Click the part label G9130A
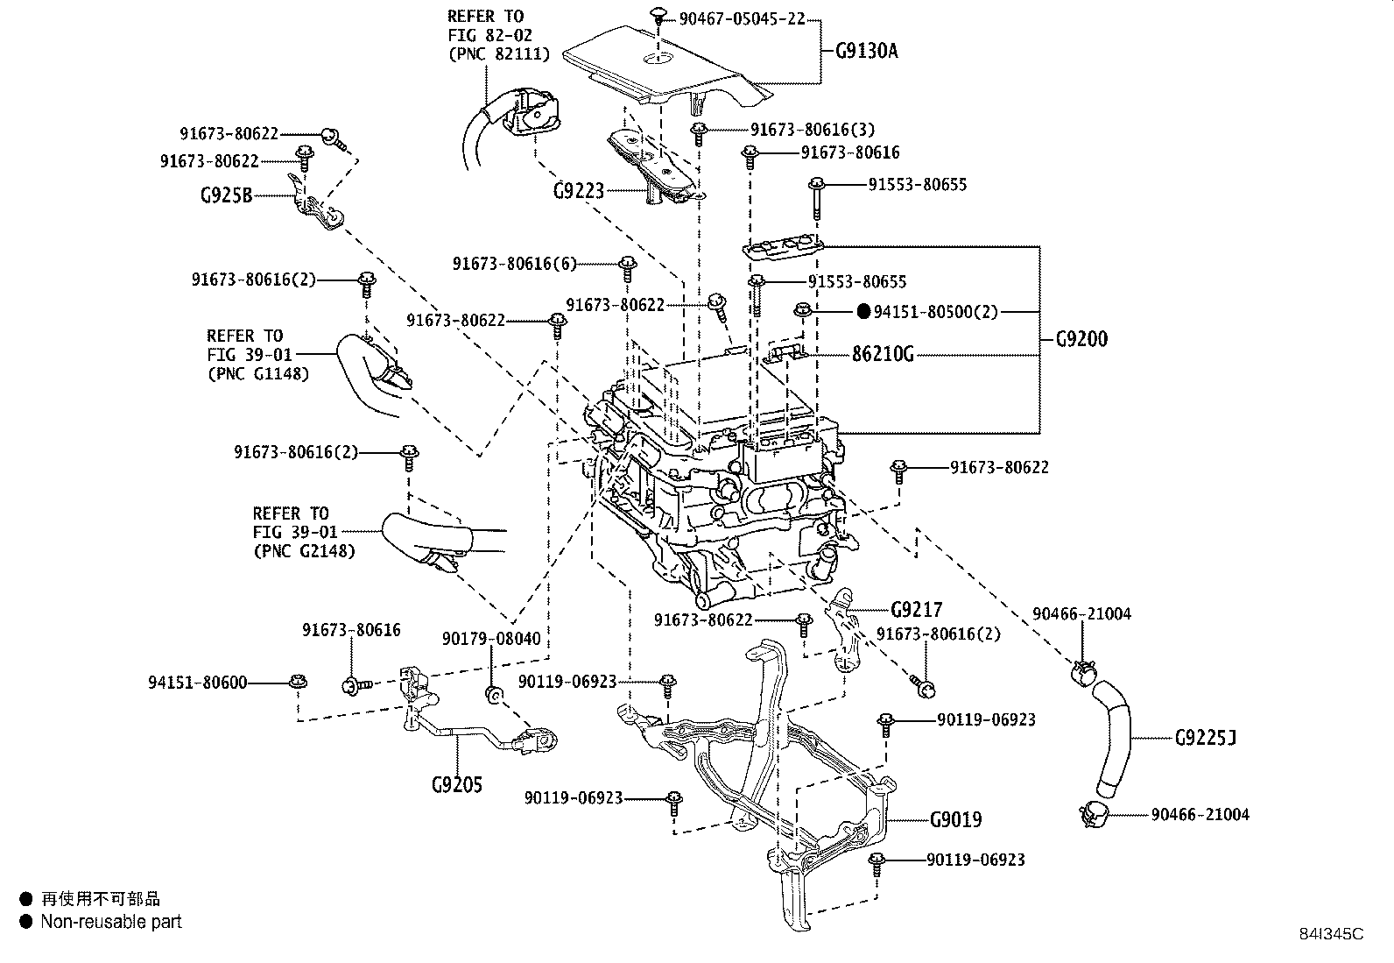861,51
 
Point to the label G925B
226,195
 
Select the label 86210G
883,355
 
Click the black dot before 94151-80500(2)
862,310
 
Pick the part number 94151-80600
197,682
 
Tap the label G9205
456,784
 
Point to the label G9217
917,609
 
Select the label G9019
955,820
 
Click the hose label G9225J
1205,738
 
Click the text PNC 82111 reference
498,54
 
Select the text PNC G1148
258,373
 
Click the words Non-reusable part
111,922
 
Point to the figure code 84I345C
1331,934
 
